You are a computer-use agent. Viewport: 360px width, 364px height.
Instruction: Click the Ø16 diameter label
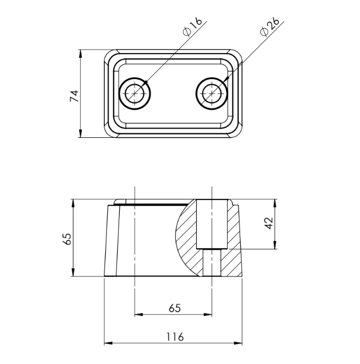tap(193, 26)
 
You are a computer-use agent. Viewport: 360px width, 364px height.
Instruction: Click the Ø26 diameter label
tap(270, 26)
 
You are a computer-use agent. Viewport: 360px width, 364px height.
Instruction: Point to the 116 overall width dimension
tap(175, 337)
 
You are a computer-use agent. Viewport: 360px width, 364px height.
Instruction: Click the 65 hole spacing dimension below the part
tap(175, 308)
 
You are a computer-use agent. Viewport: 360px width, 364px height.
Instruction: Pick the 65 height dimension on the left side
tap(67, 239)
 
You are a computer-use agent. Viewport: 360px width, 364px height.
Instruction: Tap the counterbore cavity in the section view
tap(212, 223)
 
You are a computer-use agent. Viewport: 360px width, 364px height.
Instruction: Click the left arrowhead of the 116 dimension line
tap(107, 343)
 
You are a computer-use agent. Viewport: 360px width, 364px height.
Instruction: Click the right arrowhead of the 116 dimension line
tap(241, 343)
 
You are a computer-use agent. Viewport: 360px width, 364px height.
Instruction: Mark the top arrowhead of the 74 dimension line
tap(81, 53)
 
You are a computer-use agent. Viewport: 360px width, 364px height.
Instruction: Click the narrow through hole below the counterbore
tap(212, 263)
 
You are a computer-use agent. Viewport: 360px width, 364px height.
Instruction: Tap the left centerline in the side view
tap(135, 237)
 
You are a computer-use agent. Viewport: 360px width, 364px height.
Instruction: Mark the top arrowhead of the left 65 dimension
tap(73, 202)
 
